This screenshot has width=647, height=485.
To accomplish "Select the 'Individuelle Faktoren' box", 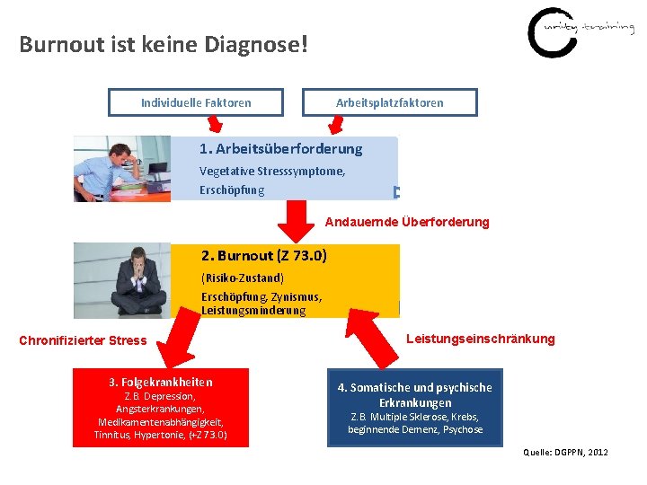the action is coord(196,102).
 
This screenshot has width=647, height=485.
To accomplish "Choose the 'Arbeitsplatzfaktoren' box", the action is coord(389,102).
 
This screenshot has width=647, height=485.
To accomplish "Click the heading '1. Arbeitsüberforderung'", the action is coord(280,149).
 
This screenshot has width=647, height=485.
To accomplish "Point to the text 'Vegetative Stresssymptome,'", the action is coord(272,171).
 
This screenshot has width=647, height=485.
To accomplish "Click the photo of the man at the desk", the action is coord(121,168).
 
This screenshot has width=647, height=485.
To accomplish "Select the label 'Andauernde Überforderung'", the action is coord(407,222).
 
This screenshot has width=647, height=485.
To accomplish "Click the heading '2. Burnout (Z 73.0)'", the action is coord(263,256).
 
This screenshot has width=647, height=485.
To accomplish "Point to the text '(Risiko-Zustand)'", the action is coord(243,278).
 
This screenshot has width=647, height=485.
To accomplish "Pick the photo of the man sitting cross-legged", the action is coord(121,279).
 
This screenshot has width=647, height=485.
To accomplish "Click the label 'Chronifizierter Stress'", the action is coord(83,340).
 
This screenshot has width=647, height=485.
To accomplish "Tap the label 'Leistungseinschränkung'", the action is coord(480,339).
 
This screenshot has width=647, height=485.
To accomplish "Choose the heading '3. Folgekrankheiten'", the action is coord(161,382).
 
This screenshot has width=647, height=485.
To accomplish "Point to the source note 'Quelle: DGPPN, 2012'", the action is coord(565,452).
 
